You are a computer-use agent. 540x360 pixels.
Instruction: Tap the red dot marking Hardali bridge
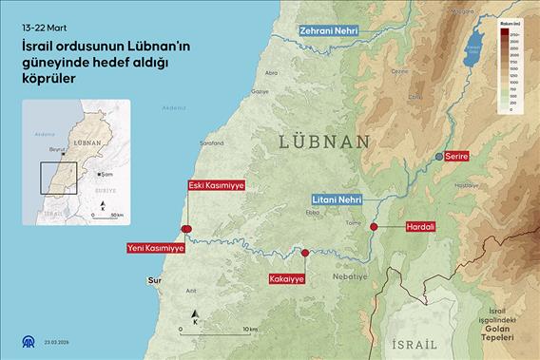point(374,227)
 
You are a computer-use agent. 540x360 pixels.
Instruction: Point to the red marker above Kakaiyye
point(304,253)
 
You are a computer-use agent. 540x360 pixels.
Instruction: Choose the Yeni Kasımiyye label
point(155,248)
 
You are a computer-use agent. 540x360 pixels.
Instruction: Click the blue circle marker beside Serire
point(438,155)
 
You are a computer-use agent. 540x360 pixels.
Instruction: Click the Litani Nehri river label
point(337,199)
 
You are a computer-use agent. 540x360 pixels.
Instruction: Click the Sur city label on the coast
point(156,281)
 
